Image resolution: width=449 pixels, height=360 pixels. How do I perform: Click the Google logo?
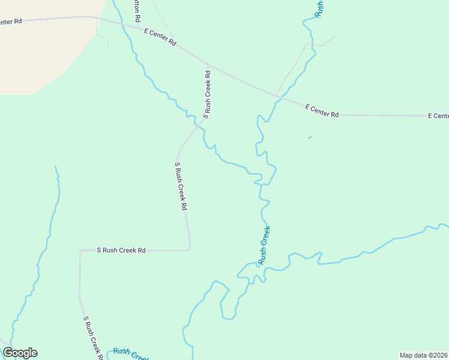point(20,353)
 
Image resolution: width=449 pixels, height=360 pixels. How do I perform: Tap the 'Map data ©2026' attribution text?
point(423,355)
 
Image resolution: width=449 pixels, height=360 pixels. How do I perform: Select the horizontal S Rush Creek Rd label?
point(122,250)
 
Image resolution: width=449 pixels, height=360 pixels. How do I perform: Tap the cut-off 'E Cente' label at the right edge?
point(438,115)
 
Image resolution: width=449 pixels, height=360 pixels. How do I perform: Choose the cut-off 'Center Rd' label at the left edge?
point(11,22)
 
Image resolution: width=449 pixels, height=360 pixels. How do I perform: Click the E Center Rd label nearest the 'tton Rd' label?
point(160,38)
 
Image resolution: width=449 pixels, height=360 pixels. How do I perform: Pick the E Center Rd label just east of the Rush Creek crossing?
point(322,110)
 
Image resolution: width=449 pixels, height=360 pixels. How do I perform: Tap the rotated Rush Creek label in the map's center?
point(264,245)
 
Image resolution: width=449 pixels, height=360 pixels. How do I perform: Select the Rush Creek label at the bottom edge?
point(130,353)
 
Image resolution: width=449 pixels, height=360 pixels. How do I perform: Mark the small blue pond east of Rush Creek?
point(310,138)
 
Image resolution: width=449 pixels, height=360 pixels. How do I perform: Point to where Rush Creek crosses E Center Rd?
point(277,97)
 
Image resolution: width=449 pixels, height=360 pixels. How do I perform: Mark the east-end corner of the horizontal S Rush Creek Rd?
point(189,248)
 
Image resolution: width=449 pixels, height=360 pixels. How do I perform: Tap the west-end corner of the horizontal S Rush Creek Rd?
point(80,251)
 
